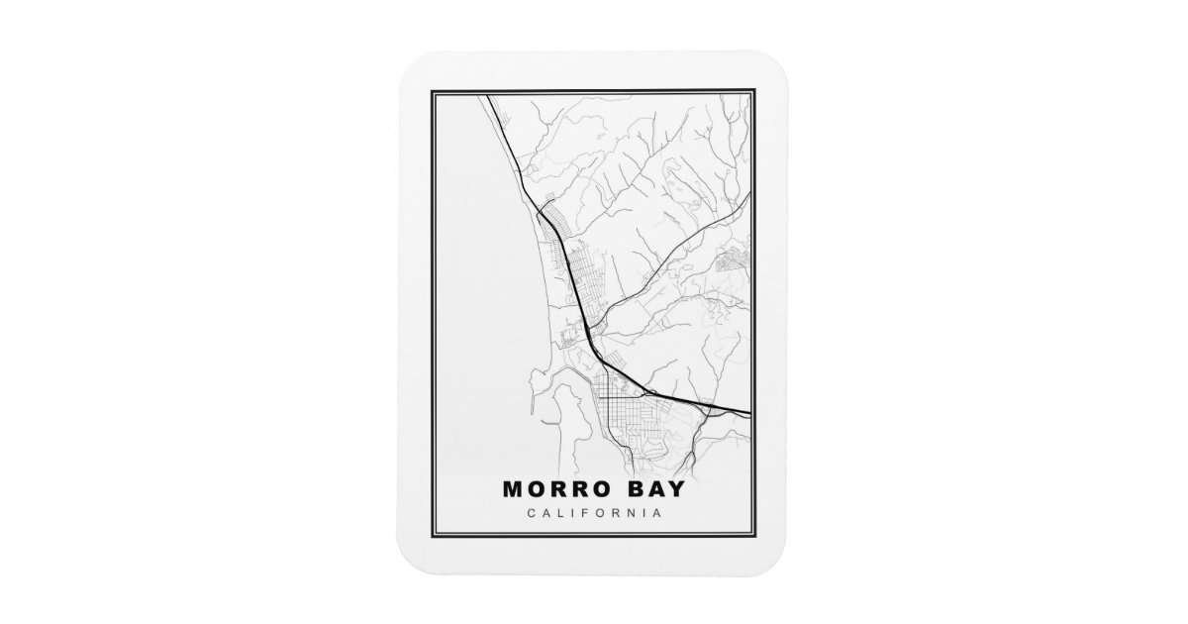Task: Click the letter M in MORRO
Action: [x=512, y=489]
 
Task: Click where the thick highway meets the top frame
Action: [x=488, y=97]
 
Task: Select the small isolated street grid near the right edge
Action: [x=734, y=234]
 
